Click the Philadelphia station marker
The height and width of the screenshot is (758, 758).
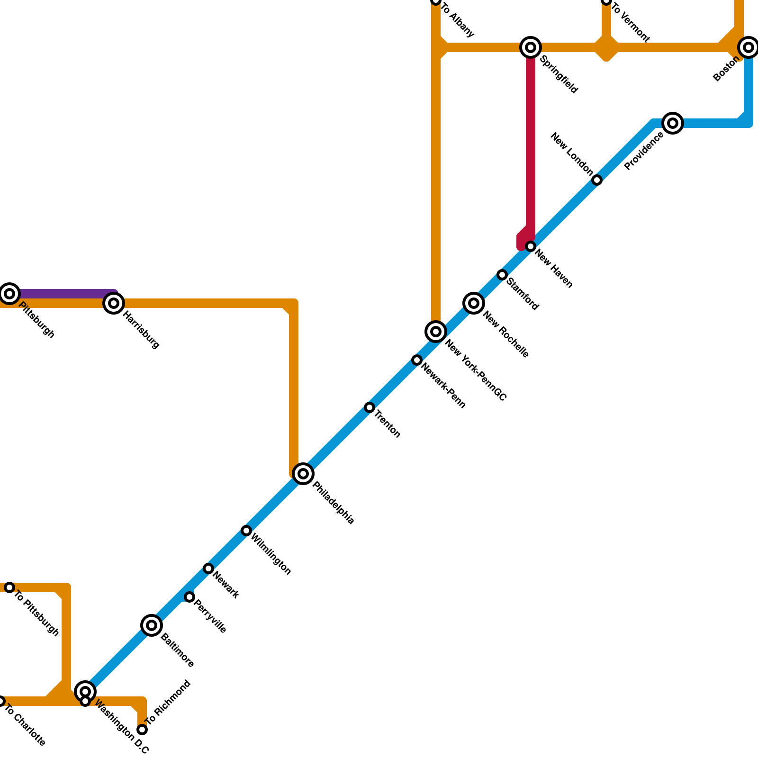click(x=303, y=473)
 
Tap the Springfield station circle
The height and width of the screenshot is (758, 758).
click(x=531, y=47)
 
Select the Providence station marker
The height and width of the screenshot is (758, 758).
click(x=673, y=123)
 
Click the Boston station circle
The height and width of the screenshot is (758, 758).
click(x=749, y=47)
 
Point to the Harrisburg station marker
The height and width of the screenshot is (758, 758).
click(x=114, y=303)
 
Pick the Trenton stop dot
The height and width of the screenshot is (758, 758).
click(x=370, y=407)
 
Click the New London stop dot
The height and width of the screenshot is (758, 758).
click(x=597, y=180)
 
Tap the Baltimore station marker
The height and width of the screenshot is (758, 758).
click(x=152, y=625)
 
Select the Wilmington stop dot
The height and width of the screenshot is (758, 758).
click(x=246, y=531)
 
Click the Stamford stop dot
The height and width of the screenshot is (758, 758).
click(x=502, y=275)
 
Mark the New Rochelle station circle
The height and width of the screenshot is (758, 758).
click(x=474, y=303)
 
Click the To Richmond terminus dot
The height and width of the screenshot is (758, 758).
click(x=142, y=730)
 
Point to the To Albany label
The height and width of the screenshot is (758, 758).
click(x=458, y=20)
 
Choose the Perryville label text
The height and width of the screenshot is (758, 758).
click(x=210, y=616)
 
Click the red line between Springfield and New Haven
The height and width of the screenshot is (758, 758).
click(x=531, y=142)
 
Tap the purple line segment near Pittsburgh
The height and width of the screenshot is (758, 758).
click(x=62, y=293)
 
